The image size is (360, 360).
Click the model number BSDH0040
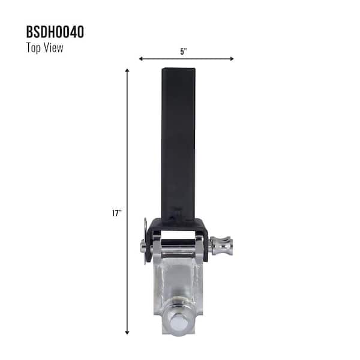(x=55, y=31)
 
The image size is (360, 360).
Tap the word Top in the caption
(x=34, y=48)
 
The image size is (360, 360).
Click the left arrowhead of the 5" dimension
(x=141, y=59)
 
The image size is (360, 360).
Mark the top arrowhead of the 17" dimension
(x=127, y=71)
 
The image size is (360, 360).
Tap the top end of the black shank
(x=179, y=70)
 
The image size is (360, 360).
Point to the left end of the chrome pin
(x=143, y=246)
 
